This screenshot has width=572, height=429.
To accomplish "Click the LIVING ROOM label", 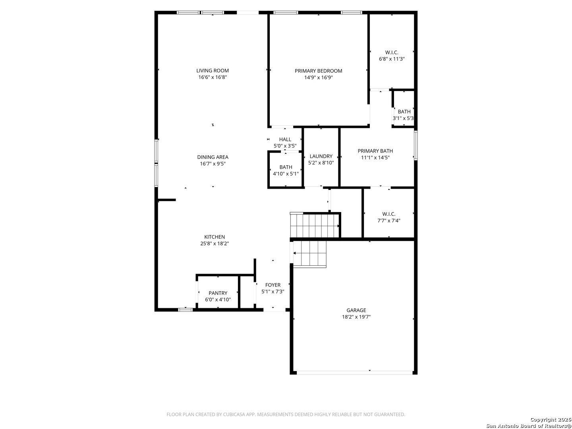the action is click(213, 71).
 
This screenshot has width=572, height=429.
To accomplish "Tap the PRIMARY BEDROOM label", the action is click(318, 71).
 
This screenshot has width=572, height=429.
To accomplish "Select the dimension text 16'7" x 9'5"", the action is click(213, 164).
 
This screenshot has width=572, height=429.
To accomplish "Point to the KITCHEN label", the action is click(214, 237).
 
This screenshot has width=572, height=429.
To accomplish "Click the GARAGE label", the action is click(356, 310).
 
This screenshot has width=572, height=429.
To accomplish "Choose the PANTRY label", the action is click(218, 293).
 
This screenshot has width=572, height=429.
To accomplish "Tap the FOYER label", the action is click(273, 285).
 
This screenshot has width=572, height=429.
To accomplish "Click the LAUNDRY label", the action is click(321, 156).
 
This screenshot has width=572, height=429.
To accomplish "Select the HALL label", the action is click(285, 139).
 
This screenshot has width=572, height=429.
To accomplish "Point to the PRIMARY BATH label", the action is click(375, 151).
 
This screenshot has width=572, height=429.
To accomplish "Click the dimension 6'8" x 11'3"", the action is click(392, 59).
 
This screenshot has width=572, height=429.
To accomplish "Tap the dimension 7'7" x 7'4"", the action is click(389, 220).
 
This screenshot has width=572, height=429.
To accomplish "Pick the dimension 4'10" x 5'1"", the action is click(286, 174).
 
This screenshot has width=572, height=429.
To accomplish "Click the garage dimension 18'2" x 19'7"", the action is click(356, 317).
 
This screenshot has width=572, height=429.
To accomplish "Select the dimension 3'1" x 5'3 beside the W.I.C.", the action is click(403, 118).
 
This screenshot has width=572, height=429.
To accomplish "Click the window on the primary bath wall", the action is click(415, 145).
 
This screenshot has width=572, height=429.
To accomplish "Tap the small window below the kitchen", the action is click(186, 310).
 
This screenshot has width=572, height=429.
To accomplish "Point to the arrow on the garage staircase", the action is click(294, 253).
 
